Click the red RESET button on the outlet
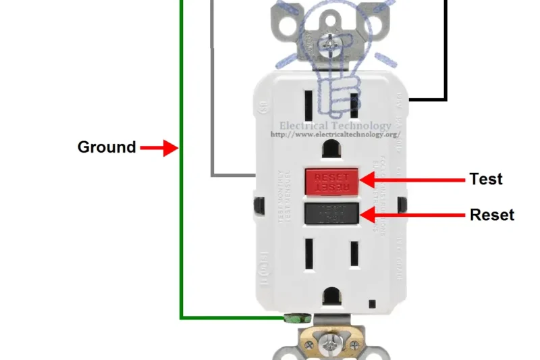click(x=330, y=180)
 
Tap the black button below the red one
click(x=330, y=213)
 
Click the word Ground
click(x=107, y=147)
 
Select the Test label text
click(x=486, y=179)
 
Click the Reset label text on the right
click(x=491, y=215)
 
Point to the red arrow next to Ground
click(x=159, y=147)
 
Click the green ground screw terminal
click(x=296, y=317)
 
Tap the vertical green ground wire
click(x=181, y=203)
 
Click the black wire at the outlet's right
click(x=446, y=54)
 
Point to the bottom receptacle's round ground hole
click(x=331, y=295)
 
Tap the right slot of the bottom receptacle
click(x=352, y=255)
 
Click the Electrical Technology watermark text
click(x=335, y=126)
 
